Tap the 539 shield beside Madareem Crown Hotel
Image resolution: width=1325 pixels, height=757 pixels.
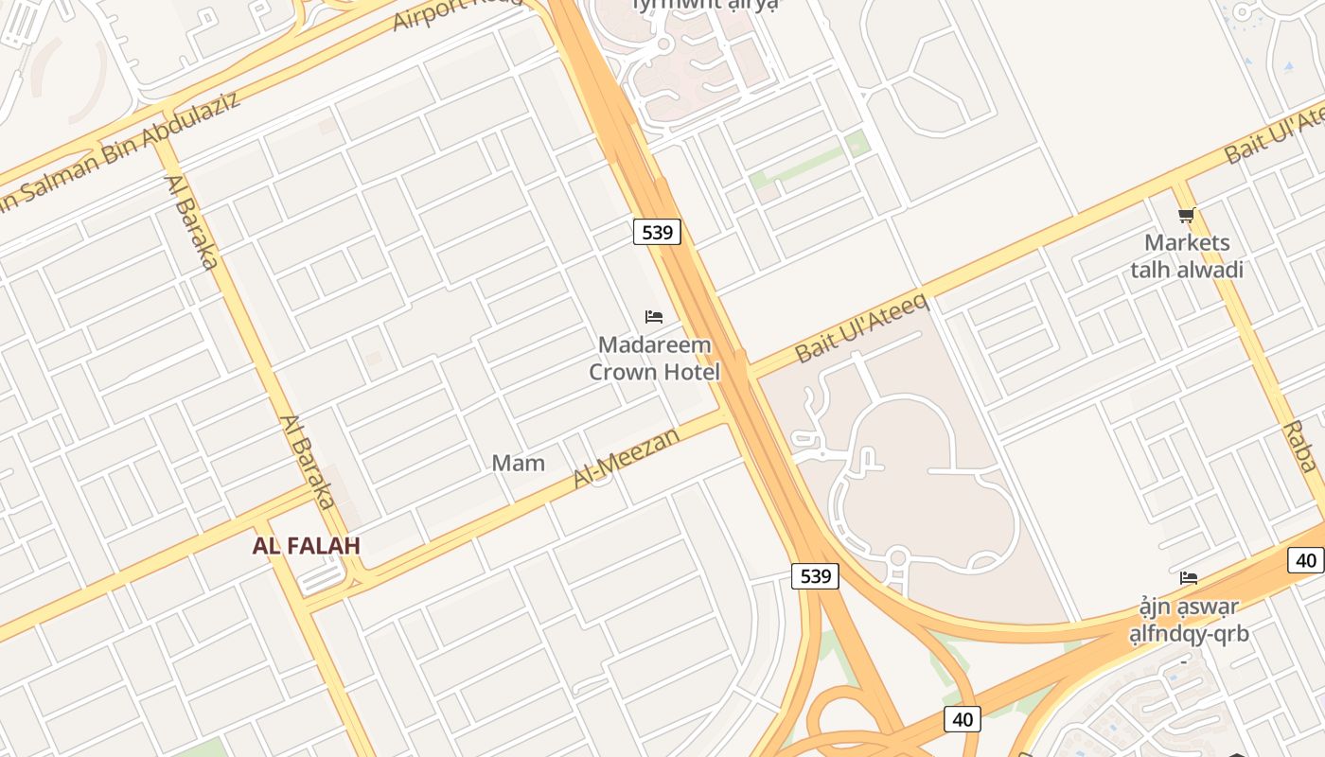[657, 232]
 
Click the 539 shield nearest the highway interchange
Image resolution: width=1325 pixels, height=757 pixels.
[815, 575]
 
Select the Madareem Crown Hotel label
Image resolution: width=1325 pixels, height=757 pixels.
[654, 359]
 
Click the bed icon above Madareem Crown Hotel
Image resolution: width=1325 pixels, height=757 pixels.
[653, 317]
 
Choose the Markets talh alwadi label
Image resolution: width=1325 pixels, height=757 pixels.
[1187, 256]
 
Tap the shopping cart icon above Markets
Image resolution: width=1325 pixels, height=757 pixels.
[1186, 216]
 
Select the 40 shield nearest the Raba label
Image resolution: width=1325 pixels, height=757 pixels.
[1306, 560]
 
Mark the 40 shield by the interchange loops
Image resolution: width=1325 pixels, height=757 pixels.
[963, 719]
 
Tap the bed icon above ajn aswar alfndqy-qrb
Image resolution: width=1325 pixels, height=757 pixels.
[1189, 577]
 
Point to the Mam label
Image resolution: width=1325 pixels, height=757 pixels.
[518, 463]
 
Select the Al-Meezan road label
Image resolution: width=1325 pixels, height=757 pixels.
[626, 458]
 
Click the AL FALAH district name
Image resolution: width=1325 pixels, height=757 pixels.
[307, 546]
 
